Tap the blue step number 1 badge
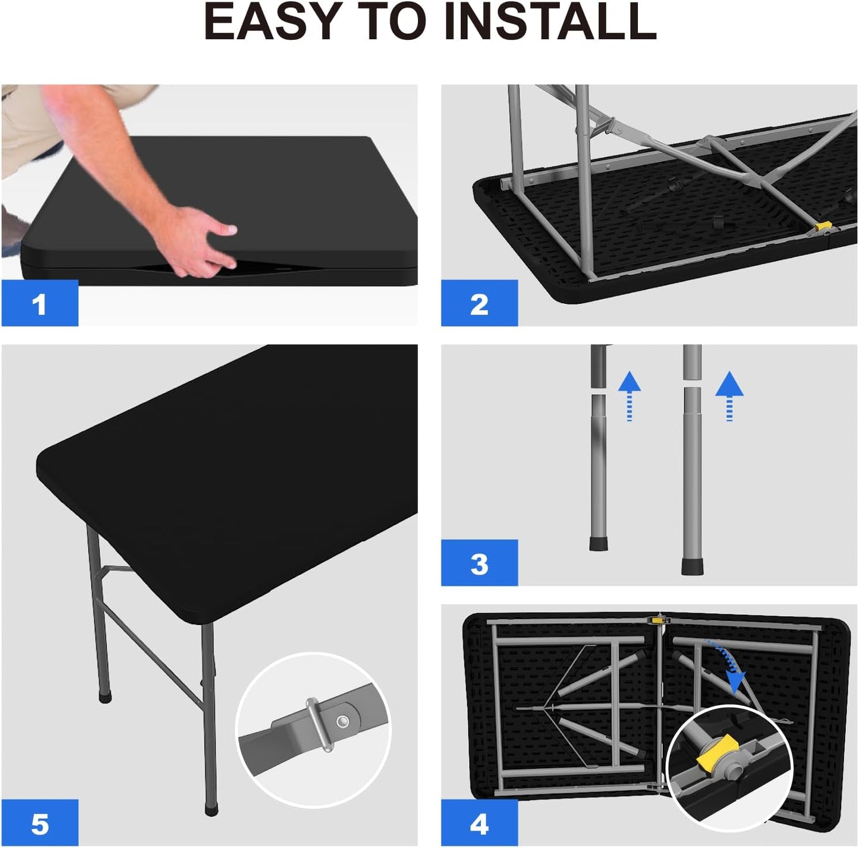tap(40, 303)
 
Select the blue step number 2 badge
tap(479, 303)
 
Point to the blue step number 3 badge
tap(479, 563)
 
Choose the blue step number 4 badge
tap(479, 824)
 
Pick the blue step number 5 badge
tap(40, 824)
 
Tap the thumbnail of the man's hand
tap(231, 230)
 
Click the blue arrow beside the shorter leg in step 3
tap(630, 395)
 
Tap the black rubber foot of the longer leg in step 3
tap(693, 566)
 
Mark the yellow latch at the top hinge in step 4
tap(657, 620)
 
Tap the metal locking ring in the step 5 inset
tap(319, 725)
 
